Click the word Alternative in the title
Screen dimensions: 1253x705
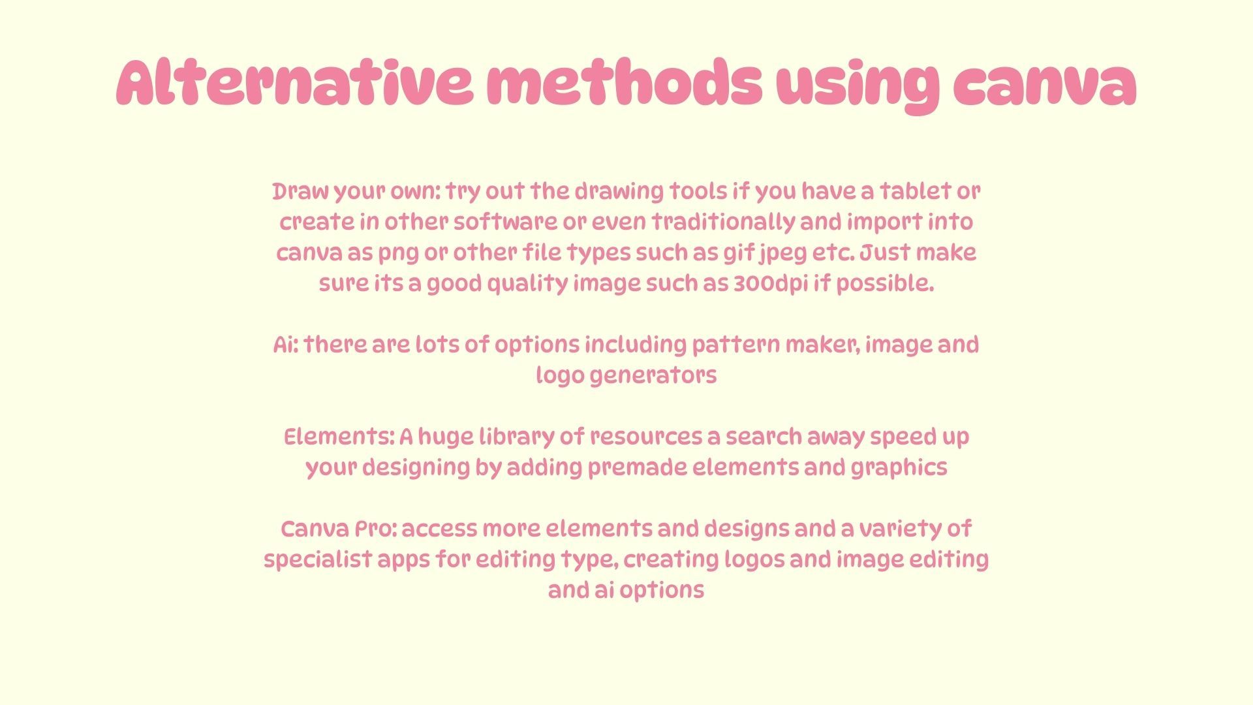[295, 83]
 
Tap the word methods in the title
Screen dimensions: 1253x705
[625, 83]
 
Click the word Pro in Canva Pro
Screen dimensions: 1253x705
[375, 528]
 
